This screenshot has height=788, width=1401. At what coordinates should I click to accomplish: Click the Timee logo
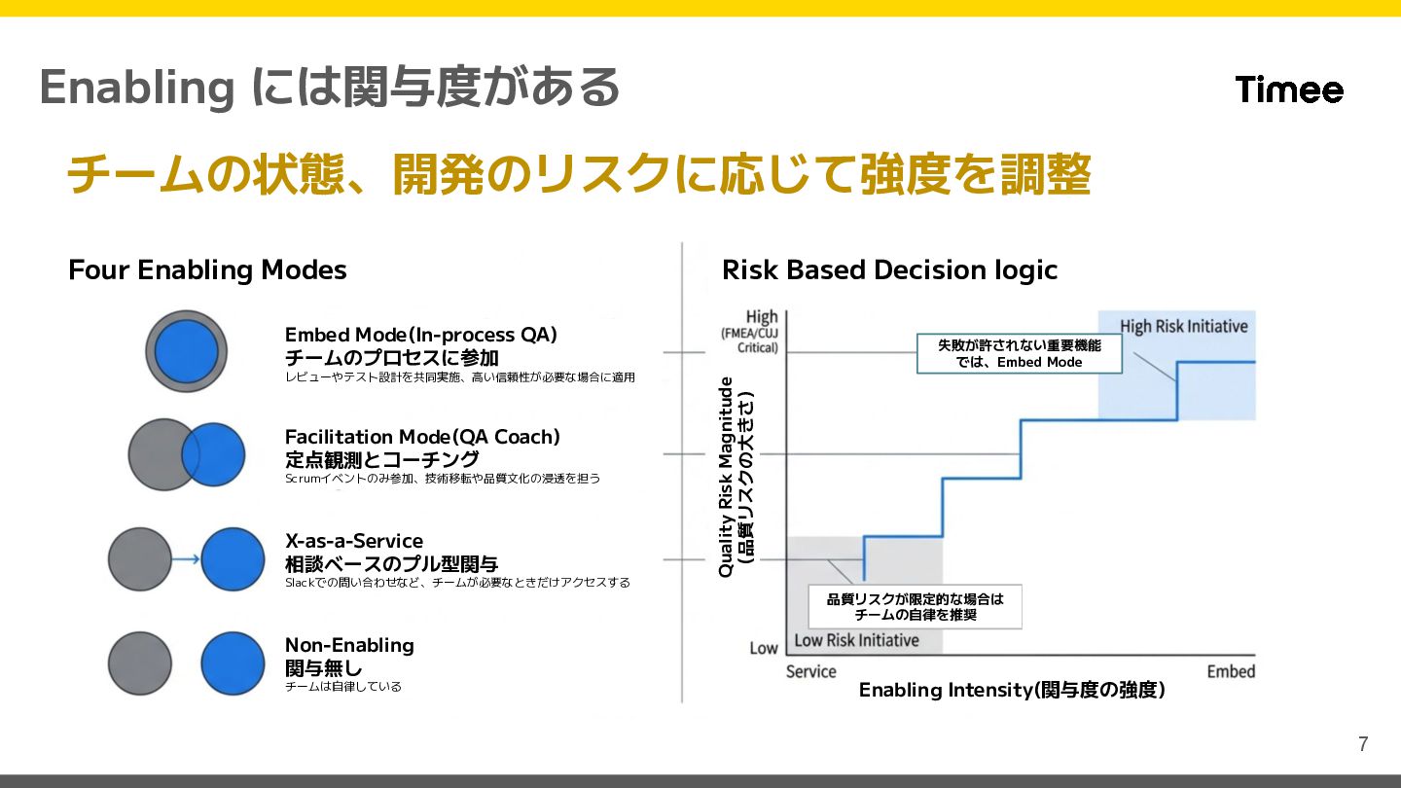(1289, 90)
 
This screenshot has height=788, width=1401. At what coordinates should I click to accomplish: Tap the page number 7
(1363, 745)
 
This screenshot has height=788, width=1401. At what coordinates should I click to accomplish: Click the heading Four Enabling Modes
(207, 269)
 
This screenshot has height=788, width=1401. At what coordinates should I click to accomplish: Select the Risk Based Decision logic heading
(889, 269)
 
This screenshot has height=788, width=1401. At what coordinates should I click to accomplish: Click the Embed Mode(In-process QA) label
(420, 335)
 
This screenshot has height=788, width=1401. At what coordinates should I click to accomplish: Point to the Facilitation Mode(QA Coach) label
(422, 437)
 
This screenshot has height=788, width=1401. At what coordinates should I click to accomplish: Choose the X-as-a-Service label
(353, 541)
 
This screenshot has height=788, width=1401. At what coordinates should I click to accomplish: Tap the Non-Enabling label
(349, 645)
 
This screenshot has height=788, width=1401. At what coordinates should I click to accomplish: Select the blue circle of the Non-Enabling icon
(233, 663)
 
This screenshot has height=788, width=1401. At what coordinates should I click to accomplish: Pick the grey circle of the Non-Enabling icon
(139, 663)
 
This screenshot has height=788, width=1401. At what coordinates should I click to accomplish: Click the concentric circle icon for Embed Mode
(186, 351)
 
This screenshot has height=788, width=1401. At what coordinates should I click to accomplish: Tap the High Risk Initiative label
(1183, 326)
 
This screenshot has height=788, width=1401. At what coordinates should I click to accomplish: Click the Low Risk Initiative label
(856, 640)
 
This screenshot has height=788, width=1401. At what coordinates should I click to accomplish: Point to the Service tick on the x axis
(810, 671)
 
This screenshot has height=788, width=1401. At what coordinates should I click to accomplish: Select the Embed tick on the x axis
(1231, 671)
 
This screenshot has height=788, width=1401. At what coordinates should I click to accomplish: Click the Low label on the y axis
(764, 648)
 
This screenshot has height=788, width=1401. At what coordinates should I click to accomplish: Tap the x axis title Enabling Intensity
(1012, 691)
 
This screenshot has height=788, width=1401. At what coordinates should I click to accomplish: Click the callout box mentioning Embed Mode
(1019, 354)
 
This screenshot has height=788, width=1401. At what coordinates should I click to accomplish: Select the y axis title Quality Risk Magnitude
(726, 477)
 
